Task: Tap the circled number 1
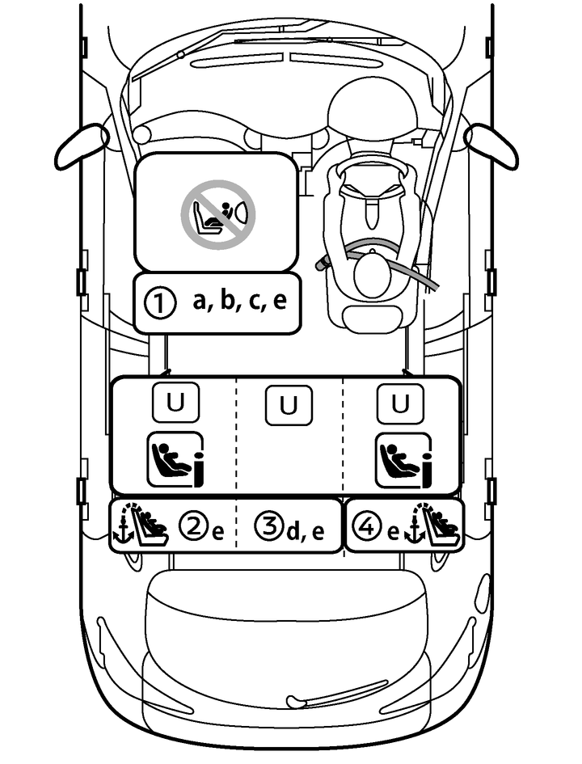tap(159, 303)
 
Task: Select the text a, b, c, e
tap(239, 302)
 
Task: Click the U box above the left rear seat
tap(174, 403)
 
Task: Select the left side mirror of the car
tap(81, 145)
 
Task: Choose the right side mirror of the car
tap(491, 145)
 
